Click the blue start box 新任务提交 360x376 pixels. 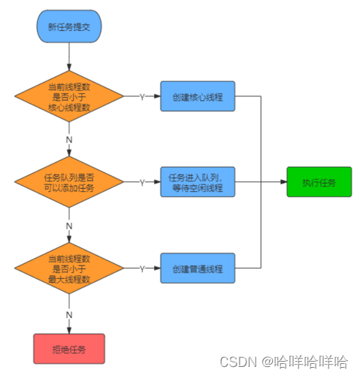68,26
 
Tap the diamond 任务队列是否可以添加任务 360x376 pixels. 69,181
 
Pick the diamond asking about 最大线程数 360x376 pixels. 69,268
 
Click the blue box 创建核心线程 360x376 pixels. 198,96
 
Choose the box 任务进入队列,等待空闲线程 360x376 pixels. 198,182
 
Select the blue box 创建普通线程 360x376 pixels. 198,268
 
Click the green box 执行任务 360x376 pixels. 319,183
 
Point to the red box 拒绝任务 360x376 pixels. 68,349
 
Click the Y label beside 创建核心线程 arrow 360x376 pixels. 143,96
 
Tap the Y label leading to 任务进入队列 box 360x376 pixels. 143,182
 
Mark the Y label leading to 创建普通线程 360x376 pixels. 143,268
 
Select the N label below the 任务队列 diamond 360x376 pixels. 69,224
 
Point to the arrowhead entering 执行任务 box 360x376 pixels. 283,183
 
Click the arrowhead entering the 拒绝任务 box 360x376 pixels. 69,329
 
